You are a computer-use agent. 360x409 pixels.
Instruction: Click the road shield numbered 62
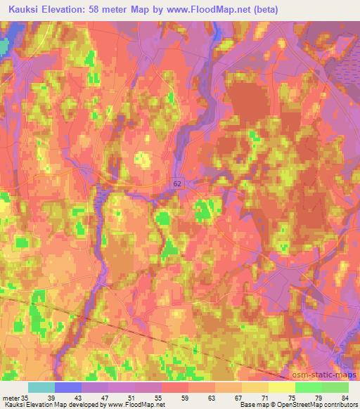[x=176, y=182]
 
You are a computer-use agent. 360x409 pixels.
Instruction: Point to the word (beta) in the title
[x=262, y=10]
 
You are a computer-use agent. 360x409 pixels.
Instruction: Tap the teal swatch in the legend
[x=41, y=387]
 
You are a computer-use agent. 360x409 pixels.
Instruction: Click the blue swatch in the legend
[x=68, y=387]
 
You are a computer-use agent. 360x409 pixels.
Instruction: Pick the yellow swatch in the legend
[x=282, y=387]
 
